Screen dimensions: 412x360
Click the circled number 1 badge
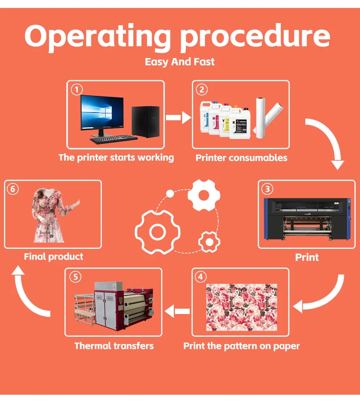76,89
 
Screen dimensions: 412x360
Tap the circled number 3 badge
267,189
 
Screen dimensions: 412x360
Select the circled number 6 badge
13,189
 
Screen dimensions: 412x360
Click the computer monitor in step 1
103,114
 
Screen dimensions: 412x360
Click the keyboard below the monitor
113,139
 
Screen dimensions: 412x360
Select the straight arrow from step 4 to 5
177,311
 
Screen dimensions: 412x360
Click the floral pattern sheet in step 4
242,307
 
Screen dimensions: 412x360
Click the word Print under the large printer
307,257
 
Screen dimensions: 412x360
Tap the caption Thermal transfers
114,346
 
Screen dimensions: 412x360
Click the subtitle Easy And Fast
180,62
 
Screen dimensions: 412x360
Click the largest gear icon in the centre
157,232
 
